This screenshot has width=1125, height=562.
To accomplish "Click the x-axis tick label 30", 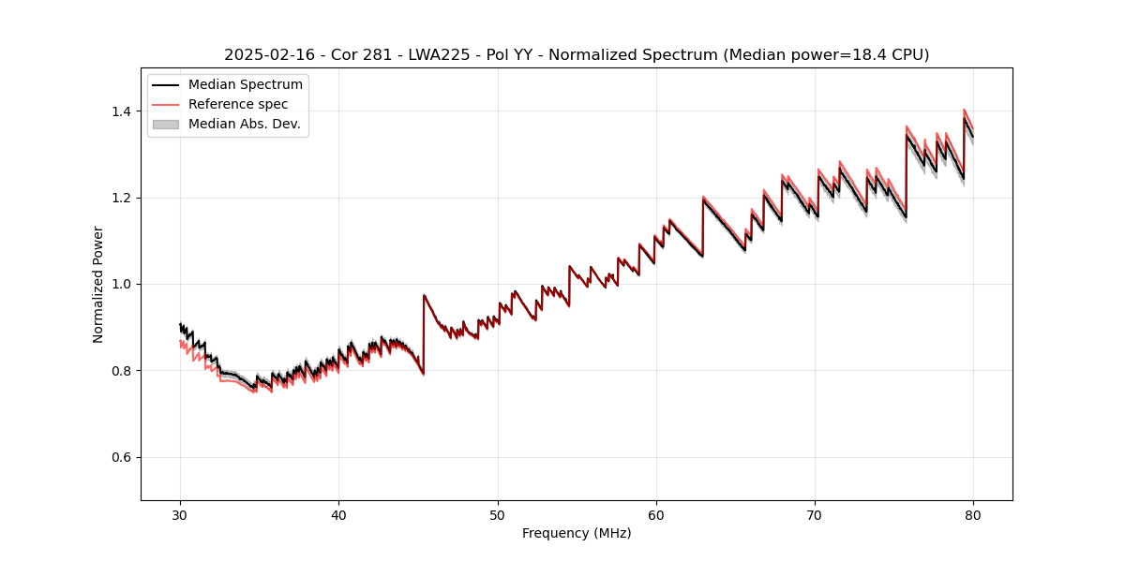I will pyautogui.click(x=180, y=515).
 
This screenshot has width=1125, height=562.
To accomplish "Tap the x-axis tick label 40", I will pyautogui.click(x=338, y=515).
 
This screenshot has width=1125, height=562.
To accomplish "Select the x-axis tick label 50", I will pyautogui.click(x=498, y=515).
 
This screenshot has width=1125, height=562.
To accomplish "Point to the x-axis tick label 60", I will pyautogui.click(x=656, y=515).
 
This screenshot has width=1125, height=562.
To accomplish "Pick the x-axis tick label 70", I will pyautogui.click(x=815, y=515).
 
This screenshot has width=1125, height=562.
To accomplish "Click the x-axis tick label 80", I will pyautogui.click(x=973, y=515).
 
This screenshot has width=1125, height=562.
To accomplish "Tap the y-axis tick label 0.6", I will pyautogui.click(x=122, y=457).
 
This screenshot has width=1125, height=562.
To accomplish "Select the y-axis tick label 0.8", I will pyautogui.click(x=122, y=371).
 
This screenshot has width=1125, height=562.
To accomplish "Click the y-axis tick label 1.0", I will pyautogui.click(x=122, y=284).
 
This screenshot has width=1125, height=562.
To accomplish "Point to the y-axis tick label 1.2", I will pyautogui.click(x=122, y=198).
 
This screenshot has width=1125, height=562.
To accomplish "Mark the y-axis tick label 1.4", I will pyautogui.click(x=122, y=111).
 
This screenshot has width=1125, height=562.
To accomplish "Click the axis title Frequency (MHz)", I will pyautogui.click(x=577, y=534).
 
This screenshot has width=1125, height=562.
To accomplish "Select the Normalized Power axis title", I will pyautogui.click(x=98, y=284).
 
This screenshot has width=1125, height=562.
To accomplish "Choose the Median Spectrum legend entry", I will pyautogui.click(x=245, y=85).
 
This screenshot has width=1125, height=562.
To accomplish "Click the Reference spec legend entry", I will pyautogui.click(x=238, y=104).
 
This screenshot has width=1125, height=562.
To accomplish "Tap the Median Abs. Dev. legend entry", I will pyautogui.click(x=244, y=124).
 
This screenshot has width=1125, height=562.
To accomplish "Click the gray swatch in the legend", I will pyautogui.click(x=166, y=124).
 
